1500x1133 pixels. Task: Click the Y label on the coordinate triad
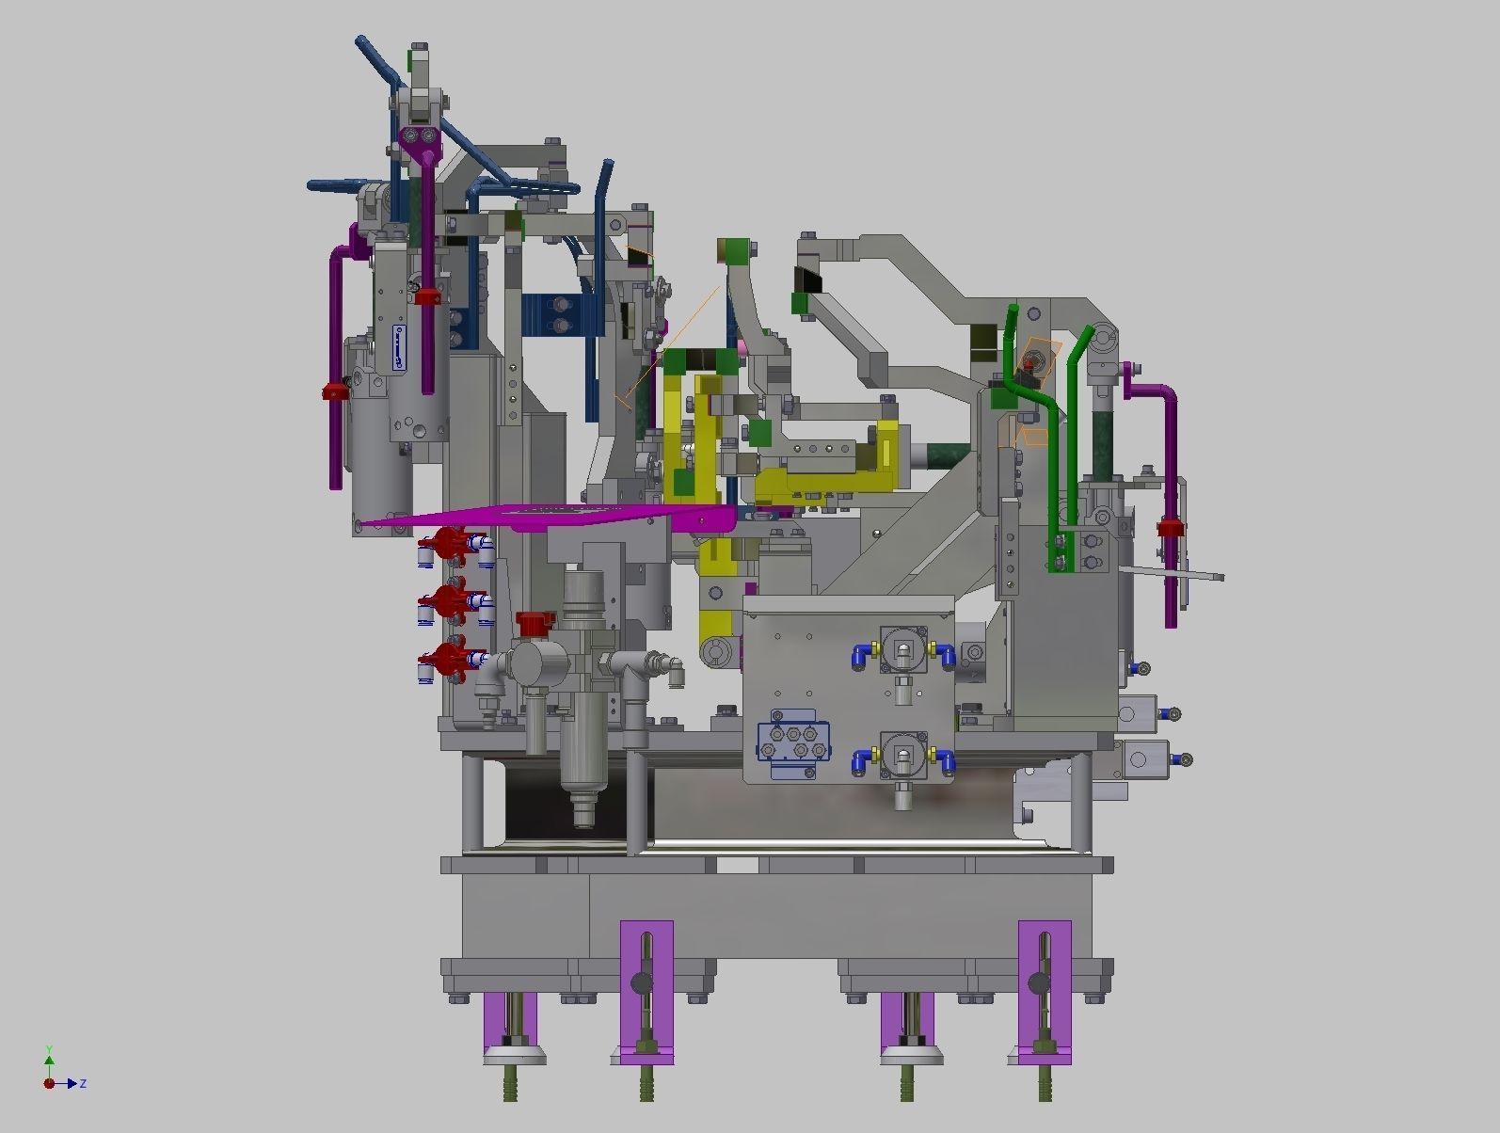49,1049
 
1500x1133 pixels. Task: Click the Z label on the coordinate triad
84,1084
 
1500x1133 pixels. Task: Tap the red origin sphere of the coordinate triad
49,1084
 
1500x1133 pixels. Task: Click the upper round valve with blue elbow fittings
903,650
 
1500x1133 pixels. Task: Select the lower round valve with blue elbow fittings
903,756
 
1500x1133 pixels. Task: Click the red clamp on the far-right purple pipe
1169,528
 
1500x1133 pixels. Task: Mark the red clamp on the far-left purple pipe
334,391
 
